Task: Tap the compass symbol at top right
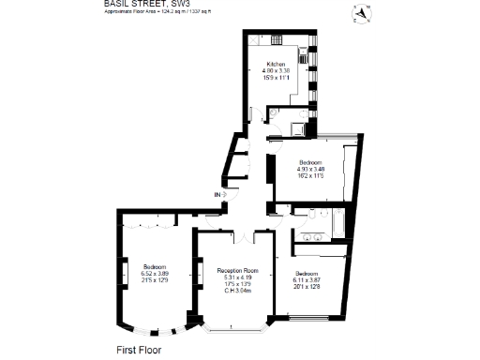point(361,12)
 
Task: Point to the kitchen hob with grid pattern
point(277,40)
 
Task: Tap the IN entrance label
point(218,194)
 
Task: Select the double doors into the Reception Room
point(232,231)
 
